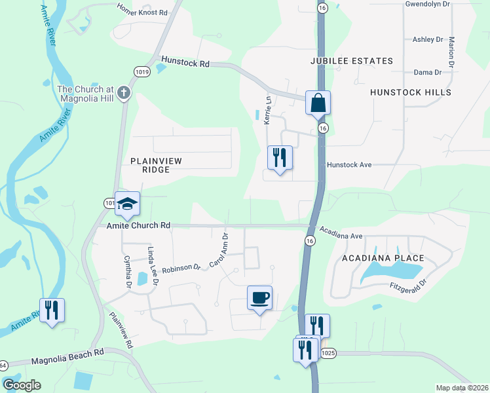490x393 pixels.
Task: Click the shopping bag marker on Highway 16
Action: [318, 103]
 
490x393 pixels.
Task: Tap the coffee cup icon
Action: [259, 298]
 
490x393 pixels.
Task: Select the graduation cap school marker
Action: [128, 203]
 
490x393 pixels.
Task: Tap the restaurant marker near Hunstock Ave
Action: [280, 158]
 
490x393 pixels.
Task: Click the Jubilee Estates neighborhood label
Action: [352, 61]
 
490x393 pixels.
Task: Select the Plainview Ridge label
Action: [155, 165]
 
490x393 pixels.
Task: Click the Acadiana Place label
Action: [383, 259]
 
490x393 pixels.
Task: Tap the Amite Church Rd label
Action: [139, 225]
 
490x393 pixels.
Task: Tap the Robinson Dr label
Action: [181, 268]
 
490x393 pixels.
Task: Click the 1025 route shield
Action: [328, 354]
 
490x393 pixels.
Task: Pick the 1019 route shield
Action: [141, 71]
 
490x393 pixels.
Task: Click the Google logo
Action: [22, 385]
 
